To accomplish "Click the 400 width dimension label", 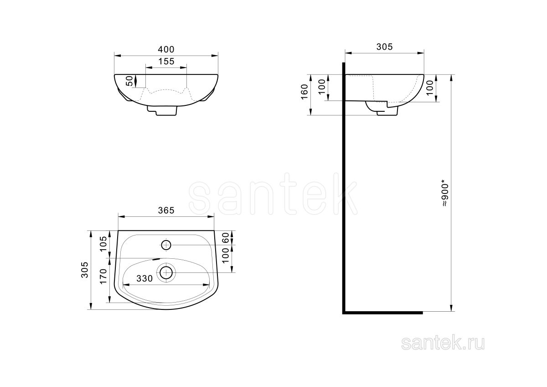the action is click(166, 49).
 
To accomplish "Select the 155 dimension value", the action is click(166, 61).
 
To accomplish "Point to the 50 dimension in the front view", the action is click(129, 81).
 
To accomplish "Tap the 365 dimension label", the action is click(166, 210).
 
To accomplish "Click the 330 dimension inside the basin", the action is click(144, 278).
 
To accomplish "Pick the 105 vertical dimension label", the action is click(103, 244).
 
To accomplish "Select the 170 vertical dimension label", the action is click(103, 276).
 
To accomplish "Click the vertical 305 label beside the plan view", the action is click(85, 270).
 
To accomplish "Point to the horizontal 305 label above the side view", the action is click(384, 47).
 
